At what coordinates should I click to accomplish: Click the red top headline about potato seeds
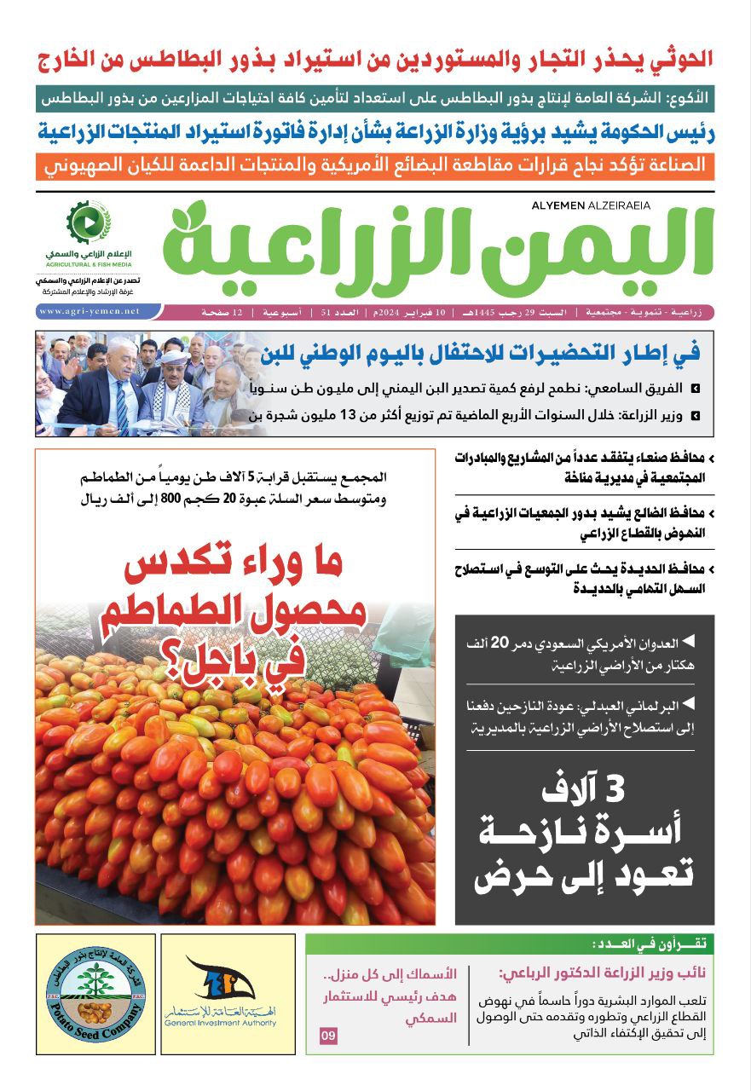(375, 61)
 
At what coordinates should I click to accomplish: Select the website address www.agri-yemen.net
(90, 312)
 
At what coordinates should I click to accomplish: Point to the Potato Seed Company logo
(95, 994)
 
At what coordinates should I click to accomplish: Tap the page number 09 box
(329, 1036)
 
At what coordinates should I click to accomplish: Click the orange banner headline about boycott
(375, 165)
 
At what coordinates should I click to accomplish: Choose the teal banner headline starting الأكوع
(375, 98)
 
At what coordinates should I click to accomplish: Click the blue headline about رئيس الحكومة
(375, 132)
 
